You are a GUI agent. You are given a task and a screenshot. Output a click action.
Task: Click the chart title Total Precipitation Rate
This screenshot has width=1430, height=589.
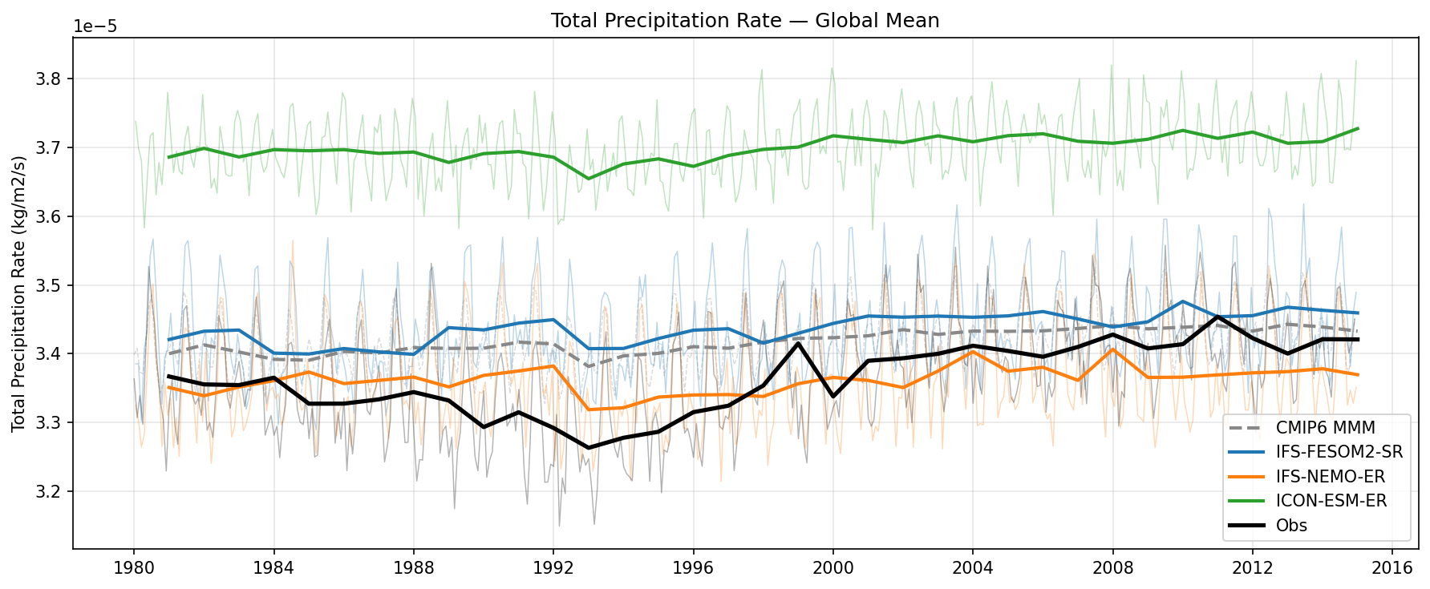pos(744,21)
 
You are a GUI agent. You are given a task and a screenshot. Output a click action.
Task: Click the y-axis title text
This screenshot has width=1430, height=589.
pos(19,294)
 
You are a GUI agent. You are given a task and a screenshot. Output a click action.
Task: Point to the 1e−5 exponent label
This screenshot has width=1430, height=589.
pos(95,26)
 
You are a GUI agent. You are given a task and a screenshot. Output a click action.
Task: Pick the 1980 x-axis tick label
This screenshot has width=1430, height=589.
pos(134,568)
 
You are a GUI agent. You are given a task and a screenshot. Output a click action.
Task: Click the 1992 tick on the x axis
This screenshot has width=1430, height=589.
pos(553,568)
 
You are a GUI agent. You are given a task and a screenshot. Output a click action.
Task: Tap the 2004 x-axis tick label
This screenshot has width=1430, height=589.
pos(973,568)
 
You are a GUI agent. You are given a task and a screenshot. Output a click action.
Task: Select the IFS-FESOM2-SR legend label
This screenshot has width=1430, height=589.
pos(1339,453)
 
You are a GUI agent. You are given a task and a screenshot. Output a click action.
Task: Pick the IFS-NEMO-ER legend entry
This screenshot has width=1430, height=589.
pos(1330,477)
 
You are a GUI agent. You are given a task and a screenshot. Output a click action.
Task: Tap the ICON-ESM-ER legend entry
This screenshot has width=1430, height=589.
pos(1331,502)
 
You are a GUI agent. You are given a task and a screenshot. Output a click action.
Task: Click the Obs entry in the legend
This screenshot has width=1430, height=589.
pos(1291,526)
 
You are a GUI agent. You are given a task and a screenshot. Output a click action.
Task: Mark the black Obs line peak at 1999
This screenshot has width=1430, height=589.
pos(798,343)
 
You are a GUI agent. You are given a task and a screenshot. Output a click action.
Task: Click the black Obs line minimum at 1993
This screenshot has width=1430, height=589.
pos(589,448)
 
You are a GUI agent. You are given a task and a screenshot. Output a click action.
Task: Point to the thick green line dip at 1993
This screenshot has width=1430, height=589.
pos(589,179)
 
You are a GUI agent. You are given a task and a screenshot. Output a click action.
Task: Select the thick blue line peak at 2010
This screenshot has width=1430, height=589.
pos(1183,301)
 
